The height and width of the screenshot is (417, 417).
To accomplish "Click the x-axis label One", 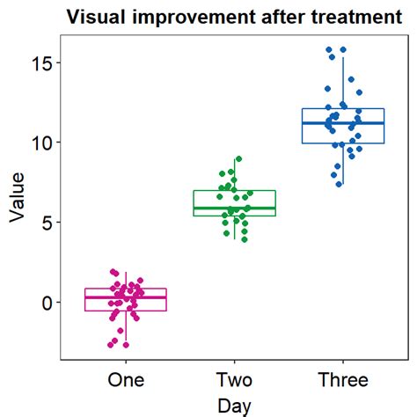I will (126, 380).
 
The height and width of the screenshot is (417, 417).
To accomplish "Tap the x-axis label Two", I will (235, 380).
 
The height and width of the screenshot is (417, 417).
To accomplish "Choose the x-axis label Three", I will (343, 380).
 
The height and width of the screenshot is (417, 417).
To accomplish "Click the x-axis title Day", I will (234, 406).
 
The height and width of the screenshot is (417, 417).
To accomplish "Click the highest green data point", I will (238, 159).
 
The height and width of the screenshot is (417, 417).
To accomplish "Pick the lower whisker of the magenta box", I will (126, 326).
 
